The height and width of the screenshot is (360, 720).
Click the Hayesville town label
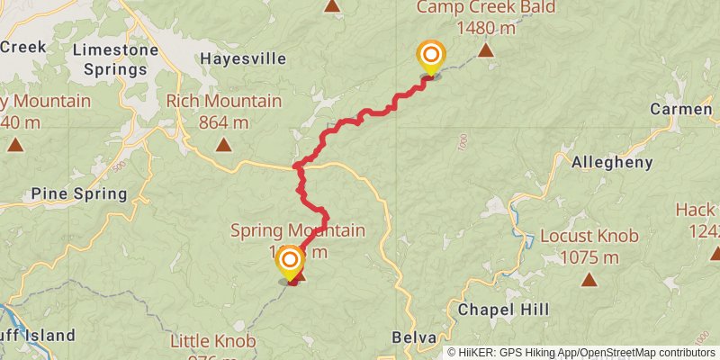coord(243,59)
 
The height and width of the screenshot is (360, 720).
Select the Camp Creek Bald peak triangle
coord(486,50)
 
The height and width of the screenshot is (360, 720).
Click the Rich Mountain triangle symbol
coord(223,144)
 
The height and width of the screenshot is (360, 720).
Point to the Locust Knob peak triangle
coord(589,279)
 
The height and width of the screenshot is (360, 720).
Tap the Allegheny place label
coord(612,163)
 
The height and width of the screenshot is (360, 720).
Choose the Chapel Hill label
coord(503,310)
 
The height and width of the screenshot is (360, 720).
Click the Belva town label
coord(414,337)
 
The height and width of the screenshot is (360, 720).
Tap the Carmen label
coord(681,110)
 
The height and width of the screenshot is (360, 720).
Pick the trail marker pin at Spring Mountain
coord(290,263)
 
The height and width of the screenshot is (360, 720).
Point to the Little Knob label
coord(213,341)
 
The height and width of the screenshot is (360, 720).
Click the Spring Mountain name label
coord(298,231)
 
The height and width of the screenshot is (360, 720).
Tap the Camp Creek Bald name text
coord(486,8)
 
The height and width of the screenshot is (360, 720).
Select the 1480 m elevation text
coord(486,28)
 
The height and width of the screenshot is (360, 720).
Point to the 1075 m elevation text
coord(589,257)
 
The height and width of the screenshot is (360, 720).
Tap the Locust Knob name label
coord(589,237)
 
